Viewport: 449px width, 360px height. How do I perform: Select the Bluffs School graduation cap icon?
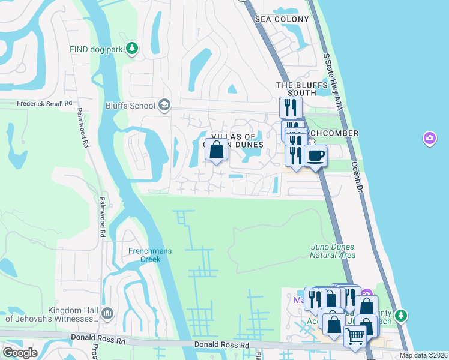click(164, 106)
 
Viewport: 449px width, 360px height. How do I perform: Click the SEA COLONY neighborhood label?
click(282, 19)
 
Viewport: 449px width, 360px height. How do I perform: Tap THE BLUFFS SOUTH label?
click(296, 89)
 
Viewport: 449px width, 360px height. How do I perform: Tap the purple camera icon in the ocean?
click(429, 139)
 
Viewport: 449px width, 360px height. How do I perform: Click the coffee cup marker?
click(315, 156)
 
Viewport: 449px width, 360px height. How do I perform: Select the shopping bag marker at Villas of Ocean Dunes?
click(217, 150)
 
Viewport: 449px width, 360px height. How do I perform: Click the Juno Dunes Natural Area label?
click(332, 251)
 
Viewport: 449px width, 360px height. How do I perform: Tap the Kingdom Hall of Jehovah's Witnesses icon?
click(107, 313)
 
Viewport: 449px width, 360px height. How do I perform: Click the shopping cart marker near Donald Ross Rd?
click(355, 338)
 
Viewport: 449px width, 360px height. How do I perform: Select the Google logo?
click(20, 352)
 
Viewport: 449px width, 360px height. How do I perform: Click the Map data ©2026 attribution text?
click(423, 355)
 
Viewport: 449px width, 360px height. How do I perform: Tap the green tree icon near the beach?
click(401, 316)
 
